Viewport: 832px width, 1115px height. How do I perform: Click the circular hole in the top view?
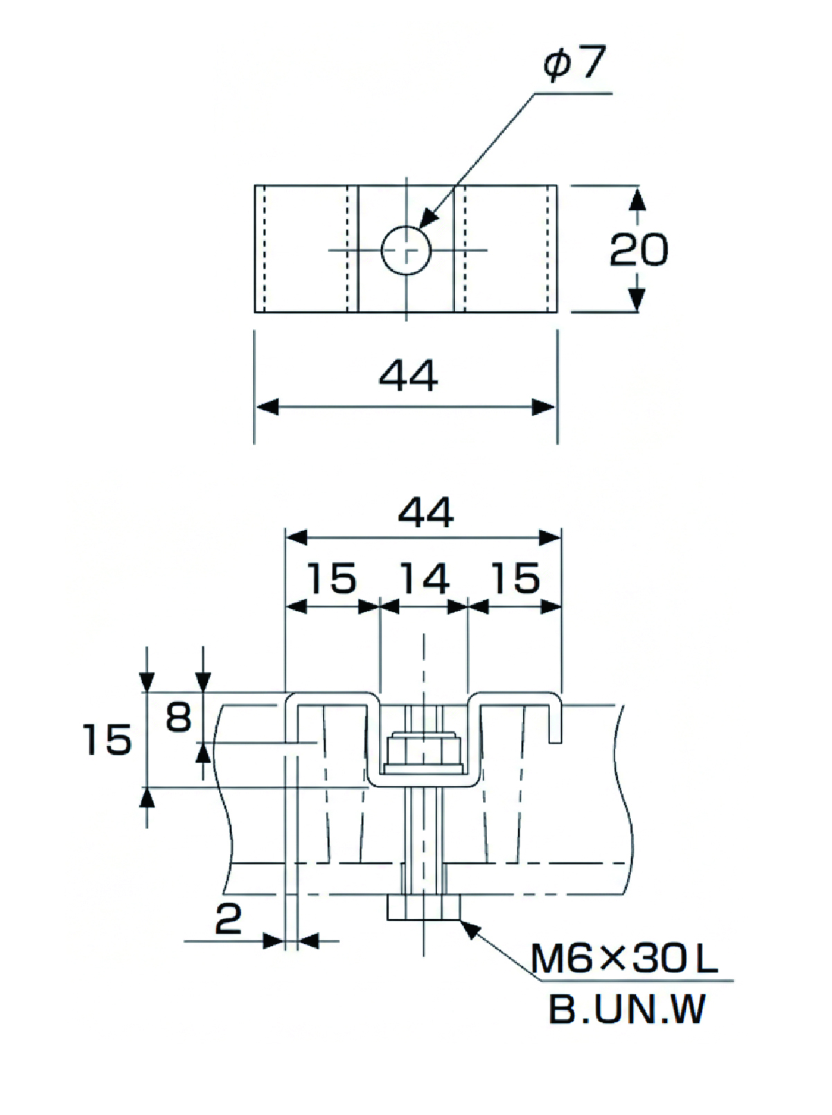coord(406,250)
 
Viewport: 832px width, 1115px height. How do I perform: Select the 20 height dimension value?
coord(639,249)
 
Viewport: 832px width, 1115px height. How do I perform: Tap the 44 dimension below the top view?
coord(408,375)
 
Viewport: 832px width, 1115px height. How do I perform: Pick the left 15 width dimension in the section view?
coord(333,578)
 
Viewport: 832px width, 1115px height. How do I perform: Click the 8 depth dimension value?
coord(178,717)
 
